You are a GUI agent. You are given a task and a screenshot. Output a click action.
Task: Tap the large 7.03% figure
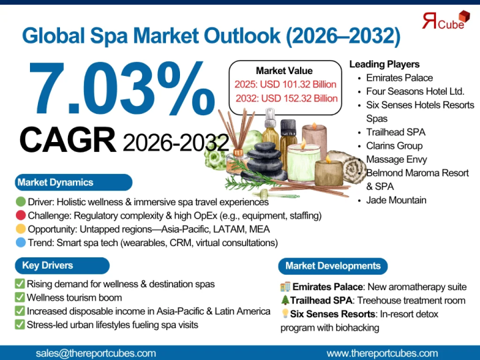(x=122, y=88)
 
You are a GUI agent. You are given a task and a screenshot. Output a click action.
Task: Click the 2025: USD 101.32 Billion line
(x=285, y=84)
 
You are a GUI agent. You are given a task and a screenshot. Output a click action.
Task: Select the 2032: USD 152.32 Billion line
(x=287, y=98)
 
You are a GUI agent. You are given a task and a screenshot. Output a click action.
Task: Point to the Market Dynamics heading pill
(x=73, y=183)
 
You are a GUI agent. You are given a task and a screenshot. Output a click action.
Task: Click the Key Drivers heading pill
(x=62, y=265)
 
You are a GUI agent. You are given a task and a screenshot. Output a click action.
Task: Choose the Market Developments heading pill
(x=333, y=266)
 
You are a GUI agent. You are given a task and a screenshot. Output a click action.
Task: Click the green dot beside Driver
(x=21, y=202)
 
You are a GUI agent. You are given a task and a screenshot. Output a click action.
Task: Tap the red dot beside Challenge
(x=21, y=215)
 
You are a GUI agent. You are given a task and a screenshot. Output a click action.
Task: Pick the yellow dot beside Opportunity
(x=21, y=229)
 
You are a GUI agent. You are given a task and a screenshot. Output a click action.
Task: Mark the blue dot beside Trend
(x=21, y=243)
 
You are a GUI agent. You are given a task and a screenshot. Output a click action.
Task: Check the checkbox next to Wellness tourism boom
(x=19, y=297)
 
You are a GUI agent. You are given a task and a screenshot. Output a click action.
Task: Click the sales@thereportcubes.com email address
(x=95, y=353)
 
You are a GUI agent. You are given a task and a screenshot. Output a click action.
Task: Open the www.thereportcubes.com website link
(x=382, y=353)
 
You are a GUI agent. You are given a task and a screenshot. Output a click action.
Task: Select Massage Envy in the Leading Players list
(x=397, y=159)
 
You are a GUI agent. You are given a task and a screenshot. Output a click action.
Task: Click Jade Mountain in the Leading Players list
(x=396, y=200)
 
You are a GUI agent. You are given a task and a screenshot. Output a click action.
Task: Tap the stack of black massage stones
(x=265, y=161)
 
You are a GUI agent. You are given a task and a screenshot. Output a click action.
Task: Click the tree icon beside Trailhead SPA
(x=285, y=300)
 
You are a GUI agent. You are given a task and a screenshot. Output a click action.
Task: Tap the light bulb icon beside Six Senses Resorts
(x=285, y=313)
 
